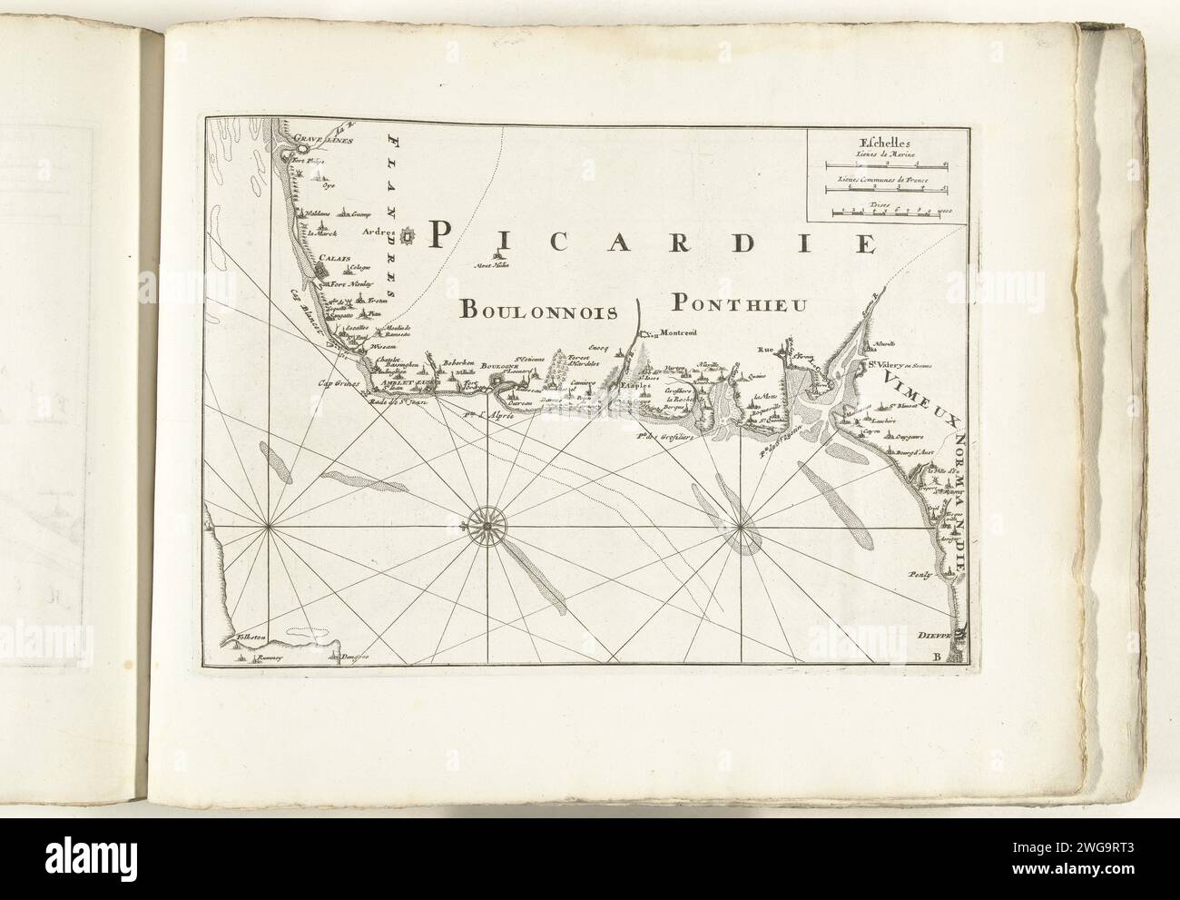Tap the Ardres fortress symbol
click(x=408, y=238)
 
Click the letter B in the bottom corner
click(x=951, y=656)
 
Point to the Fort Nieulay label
click(x=340, y=282)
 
